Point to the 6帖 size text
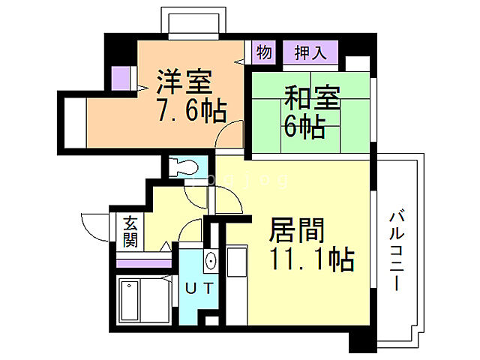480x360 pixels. point(304,127)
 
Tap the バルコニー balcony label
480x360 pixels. point(395,252)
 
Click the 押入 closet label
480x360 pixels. point(310,52)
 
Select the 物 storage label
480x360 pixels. point(264,52)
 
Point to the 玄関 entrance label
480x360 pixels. point(130,232)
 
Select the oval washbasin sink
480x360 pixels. point(211,261)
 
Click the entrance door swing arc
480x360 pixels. point(93,224)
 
